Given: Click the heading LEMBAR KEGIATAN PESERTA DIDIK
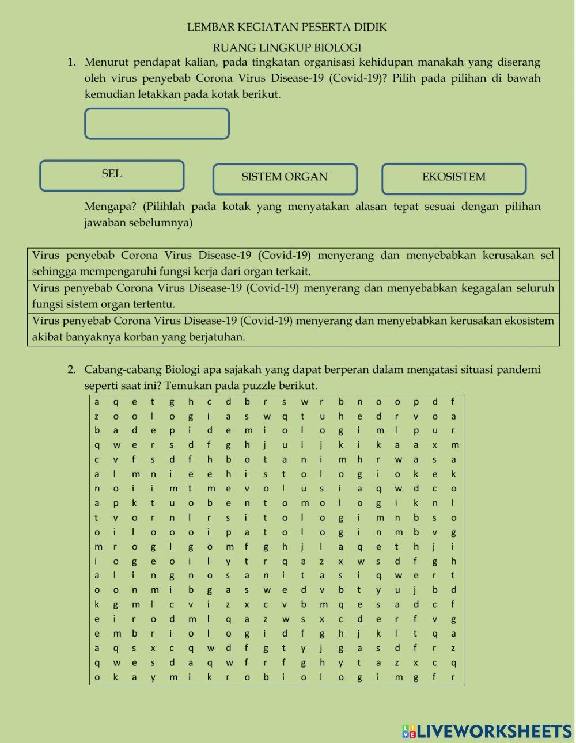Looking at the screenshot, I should point(287,27).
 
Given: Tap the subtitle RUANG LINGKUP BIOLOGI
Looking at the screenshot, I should point(287,48).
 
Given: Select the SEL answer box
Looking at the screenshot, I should point(112,176).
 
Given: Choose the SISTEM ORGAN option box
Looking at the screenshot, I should point(285,179).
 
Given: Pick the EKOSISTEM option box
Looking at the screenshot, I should point(453,179).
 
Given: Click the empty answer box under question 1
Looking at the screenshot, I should point(157,124).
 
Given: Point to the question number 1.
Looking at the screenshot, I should point(71,62).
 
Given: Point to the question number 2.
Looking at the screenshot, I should point(71,369).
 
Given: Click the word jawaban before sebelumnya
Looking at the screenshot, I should point(107,223).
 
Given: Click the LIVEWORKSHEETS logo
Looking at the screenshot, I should point(487,731).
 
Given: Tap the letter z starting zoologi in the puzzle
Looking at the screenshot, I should point(97,416).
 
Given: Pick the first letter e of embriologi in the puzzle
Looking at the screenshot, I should point(97,634).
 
